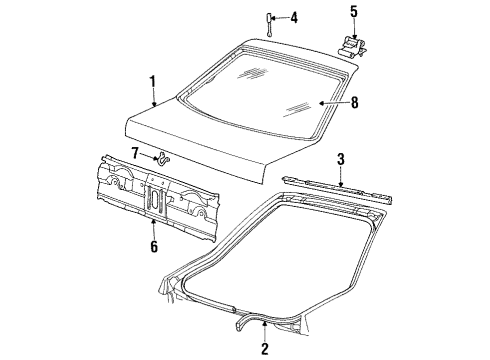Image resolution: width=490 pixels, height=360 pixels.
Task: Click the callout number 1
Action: (153, 82)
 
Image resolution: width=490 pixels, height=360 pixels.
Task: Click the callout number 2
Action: (265, 348)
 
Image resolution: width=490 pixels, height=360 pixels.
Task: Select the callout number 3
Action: (341, 158)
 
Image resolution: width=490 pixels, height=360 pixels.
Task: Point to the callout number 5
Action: (352, 13)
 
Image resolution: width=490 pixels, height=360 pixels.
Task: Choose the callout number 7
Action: (134, 152)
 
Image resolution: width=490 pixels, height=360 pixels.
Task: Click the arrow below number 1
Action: (153, 98)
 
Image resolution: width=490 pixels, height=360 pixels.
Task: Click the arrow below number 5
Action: (352, 28)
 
